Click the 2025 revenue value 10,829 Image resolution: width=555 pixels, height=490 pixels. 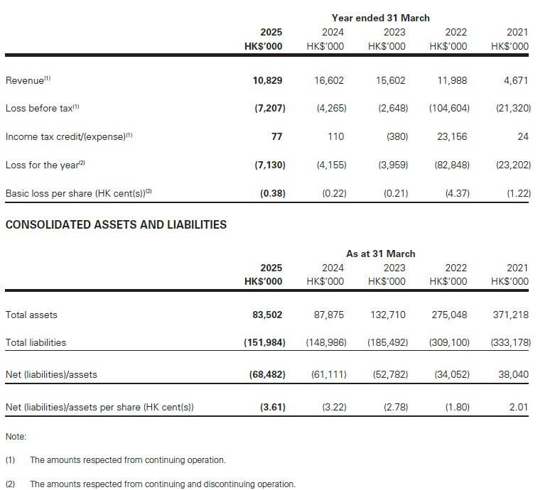pyautogui.click(x=269, y=80)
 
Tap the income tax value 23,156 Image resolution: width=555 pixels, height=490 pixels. pyautogui.click(x=452, y=136)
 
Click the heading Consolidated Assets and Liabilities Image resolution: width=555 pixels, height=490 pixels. pyautogui.click(x=116, y=224)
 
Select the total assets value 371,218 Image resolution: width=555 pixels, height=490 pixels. pyautogui.click(x=510, y=315)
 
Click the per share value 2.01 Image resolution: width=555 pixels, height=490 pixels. pyautogui.click(x=518, y=408)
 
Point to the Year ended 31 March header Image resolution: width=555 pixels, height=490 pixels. pyautogui.click(x=380, y=18)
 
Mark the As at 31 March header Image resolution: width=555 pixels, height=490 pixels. pyautogui.click(x=380, y=254)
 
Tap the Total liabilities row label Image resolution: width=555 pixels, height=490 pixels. pyautogui.click(x=36, y=342)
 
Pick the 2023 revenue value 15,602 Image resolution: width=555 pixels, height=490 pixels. pyautogui.click(x=391, y=80)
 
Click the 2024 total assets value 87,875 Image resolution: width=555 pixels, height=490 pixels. pyautogui.click(x=329, y=315)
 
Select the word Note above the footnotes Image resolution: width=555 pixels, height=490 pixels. pyautogui.click(x=15, y=436)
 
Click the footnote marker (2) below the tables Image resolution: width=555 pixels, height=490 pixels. pyautogui.click(x=10, y=484)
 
